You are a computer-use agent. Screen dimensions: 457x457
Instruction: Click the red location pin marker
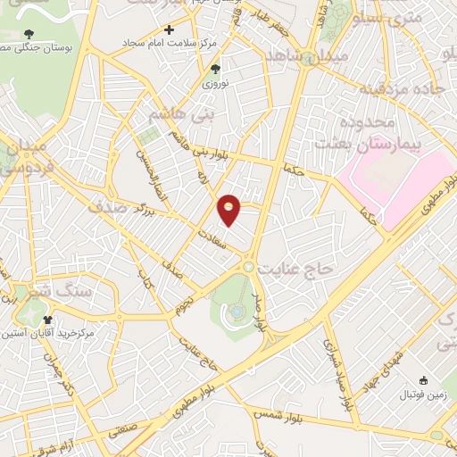click(229, 209)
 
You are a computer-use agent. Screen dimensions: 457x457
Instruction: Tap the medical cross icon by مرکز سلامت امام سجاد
click(169, 29)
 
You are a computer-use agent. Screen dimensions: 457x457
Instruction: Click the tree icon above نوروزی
click(214, 68)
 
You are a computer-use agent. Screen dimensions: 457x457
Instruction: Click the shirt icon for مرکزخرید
click(47, 319)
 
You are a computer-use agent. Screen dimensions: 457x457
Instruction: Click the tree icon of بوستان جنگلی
click(29, 34)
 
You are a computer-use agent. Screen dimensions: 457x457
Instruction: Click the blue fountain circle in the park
click(236, 312)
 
